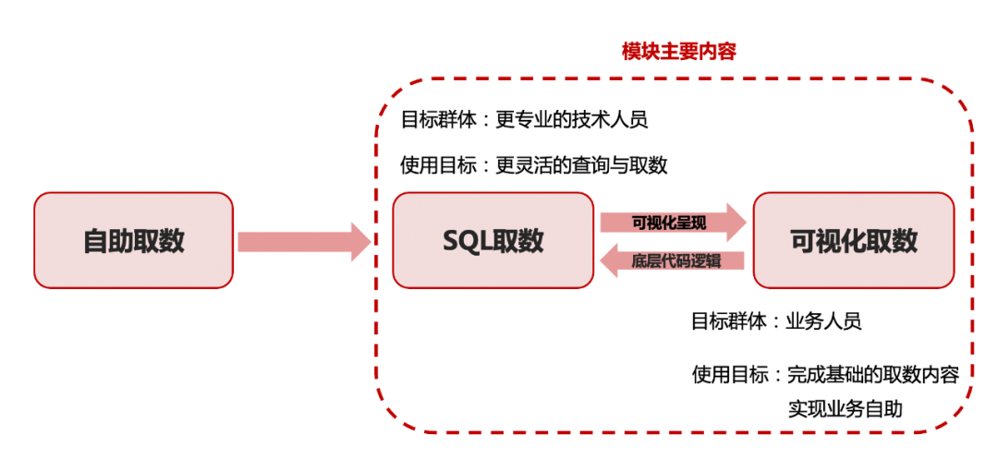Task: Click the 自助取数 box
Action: point(133,240)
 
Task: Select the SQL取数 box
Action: point(493,240)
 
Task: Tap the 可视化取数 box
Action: point(854,240)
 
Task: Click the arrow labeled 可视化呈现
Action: point(672,223)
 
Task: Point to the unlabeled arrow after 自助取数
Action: point(302,241)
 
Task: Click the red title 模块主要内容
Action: point(679,52)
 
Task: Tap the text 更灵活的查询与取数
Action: point(581,165)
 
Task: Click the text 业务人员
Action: point(824,321)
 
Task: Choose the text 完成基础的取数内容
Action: point(872,374)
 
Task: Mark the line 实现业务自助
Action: point(845,408)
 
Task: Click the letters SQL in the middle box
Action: point(464,241)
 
